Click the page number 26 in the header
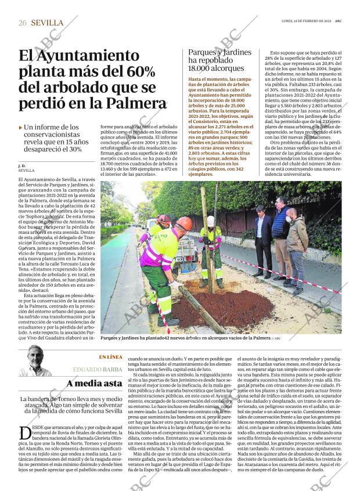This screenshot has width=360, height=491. pos(23,23)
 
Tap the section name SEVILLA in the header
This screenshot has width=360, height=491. pos(48,23)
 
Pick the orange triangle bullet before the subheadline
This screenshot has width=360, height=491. pos(21,127)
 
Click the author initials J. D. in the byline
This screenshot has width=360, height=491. pos(22,166)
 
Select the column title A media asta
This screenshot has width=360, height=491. pos(94,383)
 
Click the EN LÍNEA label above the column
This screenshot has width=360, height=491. pos(110,357)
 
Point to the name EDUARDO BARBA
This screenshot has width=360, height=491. pos(98,369)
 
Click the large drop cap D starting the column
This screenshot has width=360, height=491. pos(25,432)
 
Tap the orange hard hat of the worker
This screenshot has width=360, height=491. pos(183,224)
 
